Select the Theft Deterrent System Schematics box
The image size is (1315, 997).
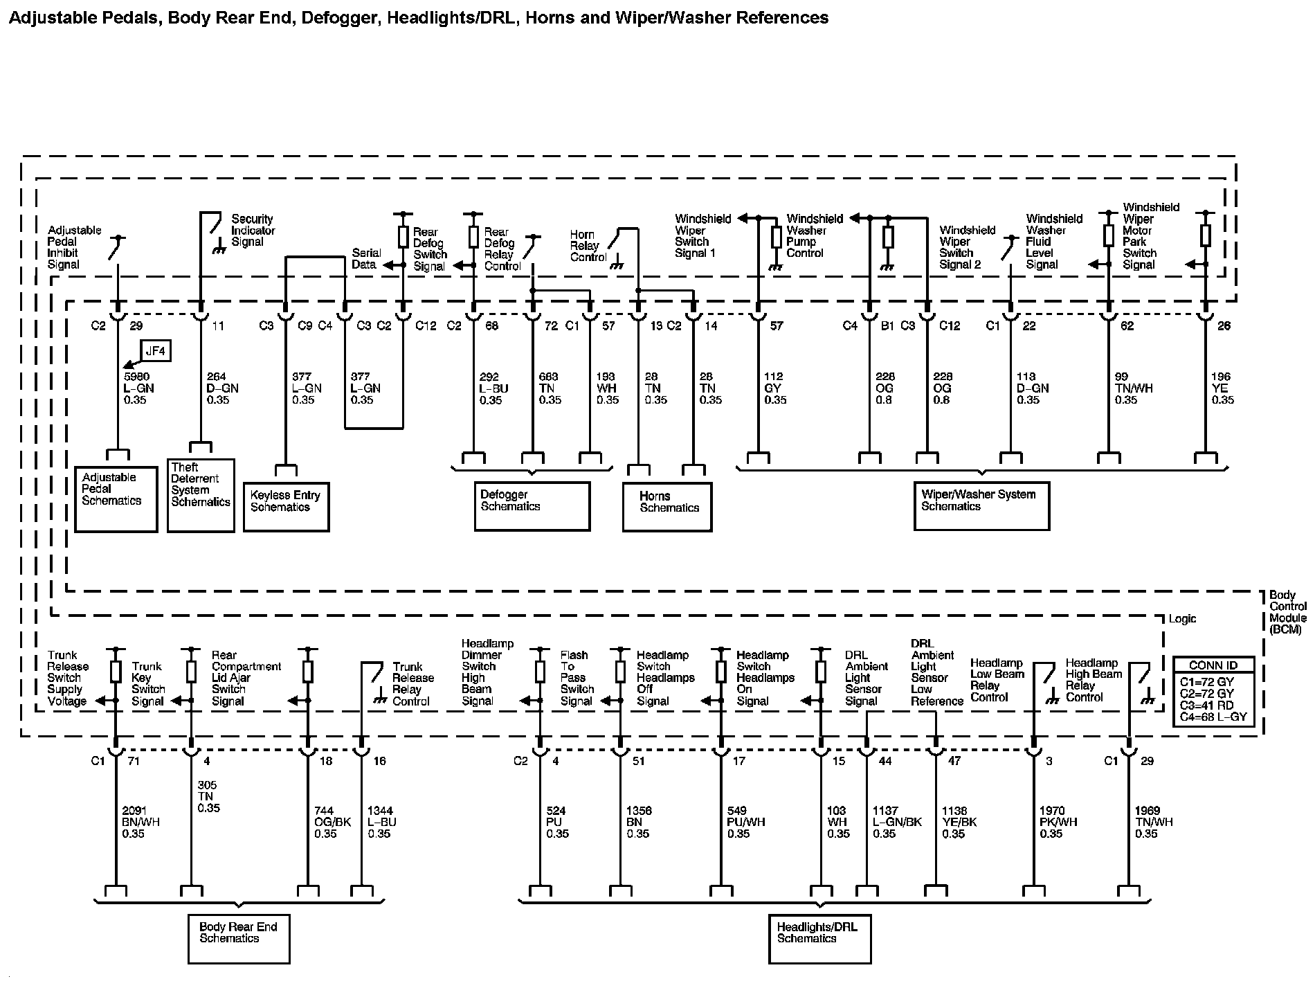[x=201, y=495]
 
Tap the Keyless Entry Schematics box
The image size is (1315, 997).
[x=286, y=507]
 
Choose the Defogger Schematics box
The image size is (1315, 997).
[x=532, y=506]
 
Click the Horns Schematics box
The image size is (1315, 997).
[x=666, y=507]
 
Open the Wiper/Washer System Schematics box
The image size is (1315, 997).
[x=981, y=506]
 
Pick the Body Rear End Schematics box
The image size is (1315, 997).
[x=239, y=938]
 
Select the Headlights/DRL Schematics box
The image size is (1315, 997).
[x=819, y=938]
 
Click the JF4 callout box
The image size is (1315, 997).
[x=156, y=351]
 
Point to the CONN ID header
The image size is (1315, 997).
[x=1213, y=665]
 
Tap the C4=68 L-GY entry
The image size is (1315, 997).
[x=1213, y=717]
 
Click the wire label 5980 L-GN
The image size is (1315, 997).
[x=138, y=388]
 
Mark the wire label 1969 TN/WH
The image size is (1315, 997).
[x=1153, y=822]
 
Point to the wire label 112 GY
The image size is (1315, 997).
[x=774, y=388]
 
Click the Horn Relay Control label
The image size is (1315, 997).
[x=588, y=246]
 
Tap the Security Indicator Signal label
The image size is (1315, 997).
[x=253, y=230]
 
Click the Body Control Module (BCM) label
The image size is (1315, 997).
[x=1287, y=613]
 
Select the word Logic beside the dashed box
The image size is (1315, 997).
[x=1182, y=618]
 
